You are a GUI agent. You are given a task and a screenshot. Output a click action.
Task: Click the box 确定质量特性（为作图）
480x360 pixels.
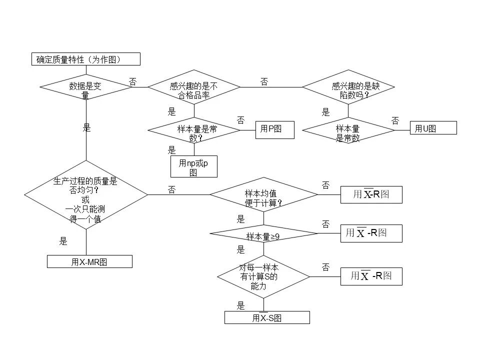pos(86,59)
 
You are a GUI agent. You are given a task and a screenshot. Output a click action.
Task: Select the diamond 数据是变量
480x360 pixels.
pos(86,87)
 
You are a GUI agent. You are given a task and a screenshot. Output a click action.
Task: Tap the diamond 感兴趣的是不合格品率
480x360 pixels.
pos(194,87)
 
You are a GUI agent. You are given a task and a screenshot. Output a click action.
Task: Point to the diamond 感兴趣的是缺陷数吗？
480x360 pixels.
pos(348,87)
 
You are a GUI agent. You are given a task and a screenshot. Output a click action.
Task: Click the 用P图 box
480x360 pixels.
pos(275,130)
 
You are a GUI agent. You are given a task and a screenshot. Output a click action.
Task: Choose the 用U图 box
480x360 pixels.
pos(433,127)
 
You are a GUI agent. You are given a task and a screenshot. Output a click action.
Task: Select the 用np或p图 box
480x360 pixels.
pos(194,166)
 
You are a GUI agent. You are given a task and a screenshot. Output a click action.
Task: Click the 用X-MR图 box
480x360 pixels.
pos(89,261)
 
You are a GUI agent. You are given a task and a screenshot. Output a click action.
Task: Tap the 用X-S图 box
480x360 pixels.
pos(267,317)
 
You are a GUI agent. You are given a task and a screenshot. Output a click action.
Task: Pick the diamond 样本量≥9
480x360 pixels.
pos(264,233)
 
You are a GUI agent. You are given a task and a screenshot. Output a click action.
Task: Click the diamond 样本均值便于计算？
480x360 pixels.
pos(264,194)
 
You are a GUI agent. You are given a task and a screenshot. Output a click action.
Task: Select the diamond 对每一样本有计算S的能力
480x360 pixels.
pos(263,276)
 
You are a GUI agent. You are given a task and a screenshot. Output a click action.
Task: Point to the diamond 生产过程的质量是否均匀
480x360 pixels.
pos(86,194)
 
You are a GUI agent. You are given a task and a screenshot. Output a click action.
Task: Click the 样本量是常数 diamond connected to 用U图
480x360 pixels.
pos(348,130)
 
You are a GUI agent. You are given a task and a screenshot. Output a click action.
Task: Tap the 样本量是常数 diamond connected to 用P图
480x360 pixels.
pos(194,130)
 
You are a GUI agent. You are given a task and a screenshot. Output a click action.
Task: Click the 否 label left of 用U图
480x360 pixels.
pos(395,120)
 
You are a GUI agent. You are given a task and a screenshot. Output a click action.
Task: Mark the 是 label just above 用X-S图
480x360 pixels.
pos(240,305)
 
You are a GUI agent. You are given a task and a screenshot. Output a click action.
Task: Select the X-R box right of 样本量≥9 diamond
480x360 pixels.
pos(371,233)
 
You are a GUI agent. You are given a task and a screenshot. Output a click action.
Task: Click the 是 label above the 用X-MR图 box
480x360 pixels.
pos(63,241)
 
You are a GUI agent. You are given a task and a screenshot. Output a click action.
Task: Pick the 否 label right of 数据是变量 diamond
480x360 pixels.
pos(132,81)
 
